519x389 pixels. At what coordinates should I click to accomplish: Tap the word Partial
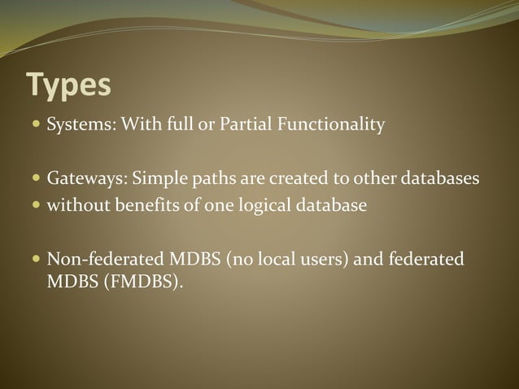coord(247,126)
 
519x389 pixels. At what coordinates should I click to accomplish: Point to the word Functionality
coord(332,126)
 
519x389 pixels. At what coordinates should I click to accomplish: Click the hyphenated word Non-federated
coord(105,260)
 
